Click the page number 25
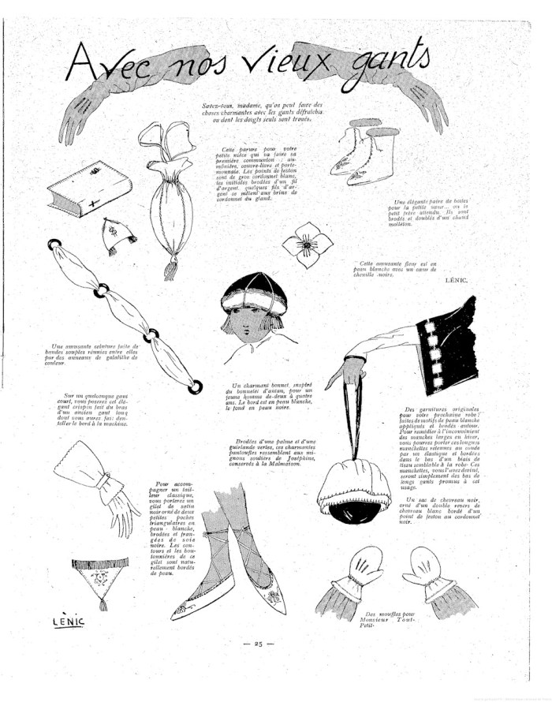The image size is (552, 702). tap(258, 644)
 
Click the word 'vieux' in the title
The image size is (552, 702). tap(274, 65)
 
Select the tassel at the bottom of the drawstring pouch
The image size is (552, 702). tap(170, 270)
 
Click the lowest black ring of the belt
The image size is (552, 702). tap(195, 386)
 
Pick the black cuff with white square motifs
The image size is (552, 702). tap(446, 345)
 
